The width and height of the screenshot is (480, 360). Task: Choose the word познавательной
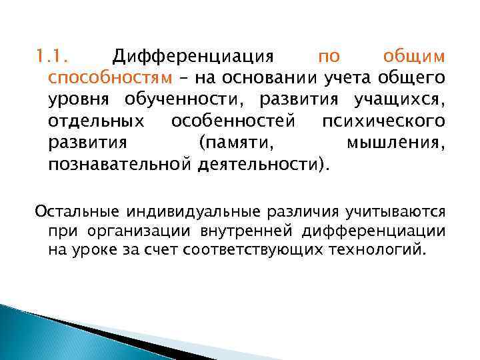click(119, 165)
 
